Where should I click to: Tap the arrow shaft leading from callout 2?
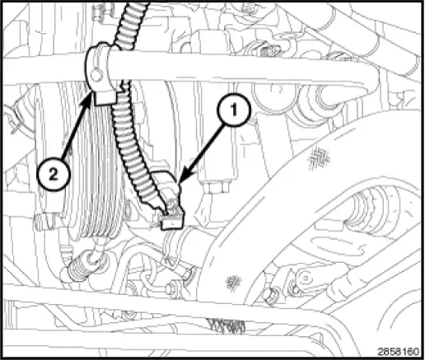[x=73, y=132]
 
